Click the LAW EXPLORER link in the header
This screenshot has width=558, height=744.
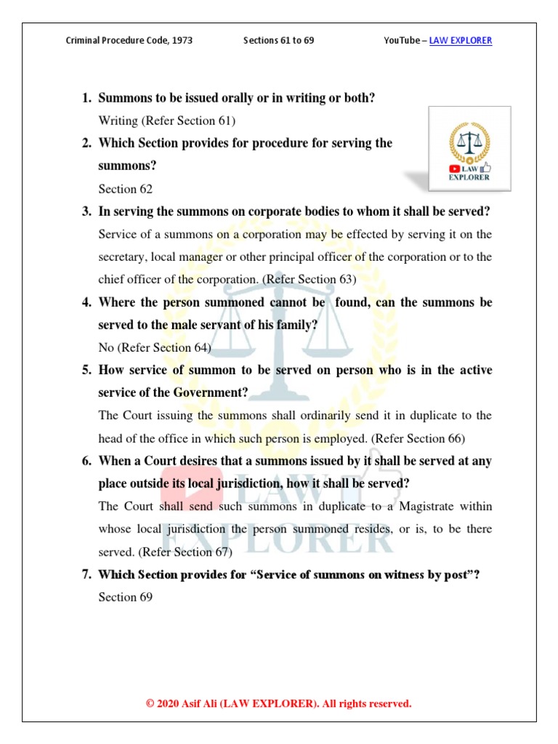(461, 41)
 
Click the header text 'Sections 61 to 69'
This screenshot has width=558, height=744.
(278, 41)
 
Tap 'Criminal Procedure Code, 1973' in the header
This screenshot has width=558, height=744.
(129, 41)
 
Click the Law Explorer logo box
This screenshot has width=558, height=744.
(469, 149)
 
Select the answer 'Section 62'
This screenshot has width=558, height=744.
(126, 189)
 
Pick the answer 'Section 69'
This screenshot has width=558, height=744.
(126, 597)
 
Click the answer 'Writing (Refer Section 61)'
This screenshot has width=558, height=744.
(167, 121)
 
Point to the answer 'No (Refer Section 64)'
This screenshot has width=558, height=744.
(155, 347)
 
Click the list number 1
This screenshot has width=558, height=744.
(85, 98)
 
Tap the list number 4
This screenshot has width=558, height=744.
(85, 302)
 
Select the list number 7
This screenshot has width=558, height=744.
(85, 575)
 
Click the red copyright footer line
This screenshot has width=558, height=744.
(279, 703)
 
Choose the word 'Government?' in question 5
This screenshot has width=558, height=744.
(210, 393)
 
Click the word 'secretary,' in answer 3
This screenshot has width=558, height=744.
(124, 257)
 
